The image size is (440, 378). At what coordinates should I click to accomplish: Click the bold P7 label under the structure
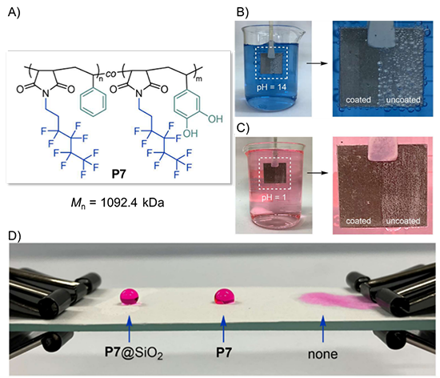[x=118, y=174]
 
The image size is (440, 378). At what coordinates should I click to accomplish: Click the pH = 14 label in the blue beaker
[x=271, y=87]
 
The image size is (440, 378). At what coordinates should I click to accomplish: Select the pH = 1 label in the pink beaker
[x=274, y=198]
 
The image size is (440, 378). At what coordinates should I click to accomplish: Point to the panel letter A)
[x=14, y=12]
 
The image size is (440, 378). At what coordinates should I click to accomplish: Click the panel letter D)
[x=14, y=236]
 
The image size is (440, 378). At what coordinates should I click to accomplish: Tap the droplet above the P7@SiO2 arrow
[x=130, y=296]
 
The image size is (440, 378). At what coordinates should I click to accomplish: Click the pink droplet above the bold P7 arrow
[x=224, y=296]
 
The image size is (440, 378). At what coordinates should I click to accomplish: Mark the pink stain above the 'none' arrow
[x=337, y=300]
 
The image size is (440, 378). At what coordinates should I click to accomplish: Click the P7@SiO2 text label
[x=134, y=353]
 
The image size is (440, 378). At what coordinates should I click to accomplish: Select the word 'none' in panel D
[x=322, y=354]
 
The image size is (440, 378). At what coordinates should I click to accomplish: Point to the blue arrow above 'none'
[x=323, y=329]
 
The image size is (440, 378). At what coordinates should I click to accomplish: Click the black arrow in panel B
[x=317, y=63]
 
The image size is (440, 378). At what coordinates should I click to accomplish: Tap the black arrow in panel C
[x=318, y=173]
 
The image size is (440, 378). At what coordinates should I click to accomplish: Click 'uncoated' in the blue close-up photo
[x=403, y=99]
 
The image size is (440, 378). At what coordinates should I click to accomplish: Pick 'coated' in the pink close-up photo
[x=358, y=221]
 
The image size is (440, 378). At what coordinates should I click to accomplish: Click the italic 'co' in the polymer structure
[x=111, y=74]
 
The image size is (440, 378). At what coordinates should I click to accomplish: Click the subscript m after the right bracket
[x=198, y=79]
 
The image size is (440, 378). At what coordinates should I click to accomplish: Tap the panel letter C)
[x=243, y=128]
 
